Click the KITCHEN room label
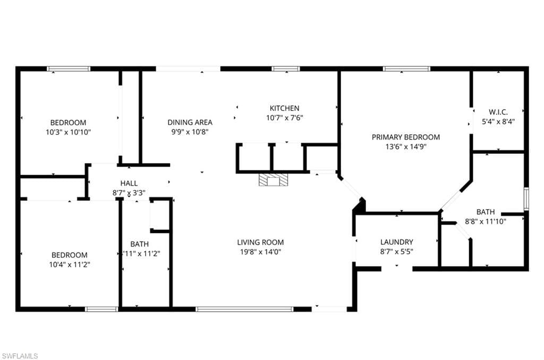[284, 108]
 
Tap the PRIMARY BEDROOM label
[405, 137]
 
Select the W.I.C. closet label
[498, 112]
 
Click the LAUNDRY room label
[396, 242]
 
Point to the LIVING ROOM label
[260, 242]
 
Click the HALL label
[129, 183]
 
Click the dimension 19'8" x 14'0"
[260, 252]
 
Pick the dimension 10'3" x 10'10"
[68, 132]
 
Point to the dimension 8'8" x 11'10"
[486, 221]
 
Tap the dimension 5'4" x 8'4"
[498, 121]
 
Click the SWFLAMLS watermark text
[20, 356]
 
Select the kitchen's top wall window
[286, 68]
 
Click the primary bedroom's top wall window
[406, 68]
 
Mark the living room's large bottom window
[244, 308]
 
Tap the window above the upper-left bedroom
[69, 68]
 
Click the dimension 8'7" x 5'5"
[396, 252]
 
